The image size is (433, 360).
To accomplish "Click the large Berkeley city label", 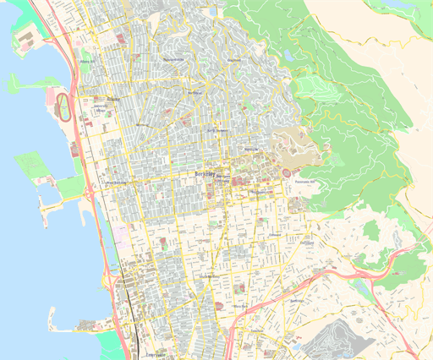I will pyautogui.click(x=206, y=172).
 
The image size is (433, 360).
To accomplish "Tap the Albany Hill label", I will pyautogui.click(x=85, y=61).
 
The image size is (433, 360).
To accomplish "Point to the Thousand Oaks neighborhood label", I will pyautogui.click(x=173, y=60).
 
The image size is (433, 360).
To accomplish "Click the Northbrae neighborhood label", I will pyautogui.click(x=195, y=92).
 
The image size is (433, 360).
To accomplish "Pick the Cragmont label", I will pyautogui.click(x=235, y=60).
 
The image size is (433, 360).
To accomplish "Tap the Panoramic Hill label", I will pyautogui.click(x=304, y=182).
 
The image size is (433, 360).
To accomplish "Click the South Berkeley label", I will pyautogui.click(x=207, y=276).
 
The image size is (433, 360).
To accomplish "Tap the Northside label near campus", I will pyautogui.click(x=250, y=149).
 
